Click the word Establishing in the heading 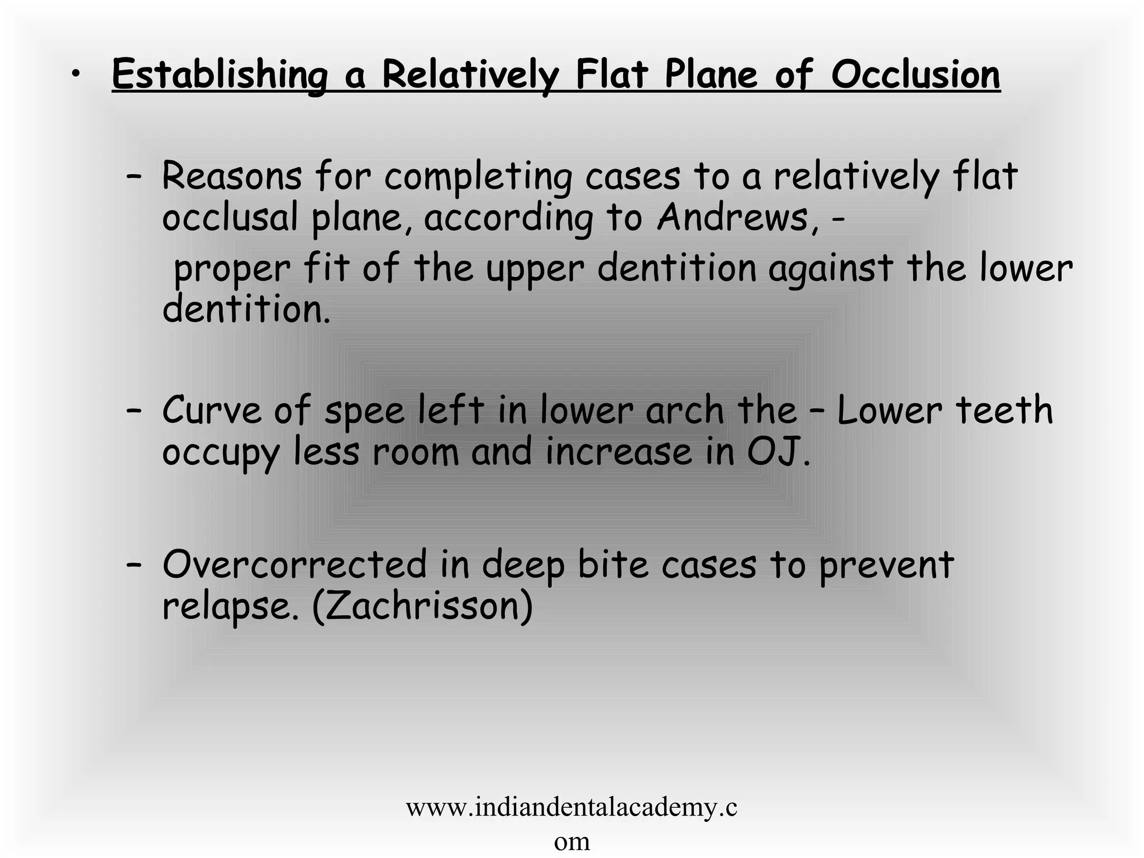220,76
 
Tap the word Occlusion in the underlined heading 916,75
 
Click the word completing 478,178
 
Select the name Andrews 732,217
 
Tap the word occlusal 230,217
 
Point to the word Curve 211,411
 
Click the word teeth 1004,411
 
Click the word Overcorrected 294,565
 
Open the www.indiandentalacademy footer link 571,808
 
